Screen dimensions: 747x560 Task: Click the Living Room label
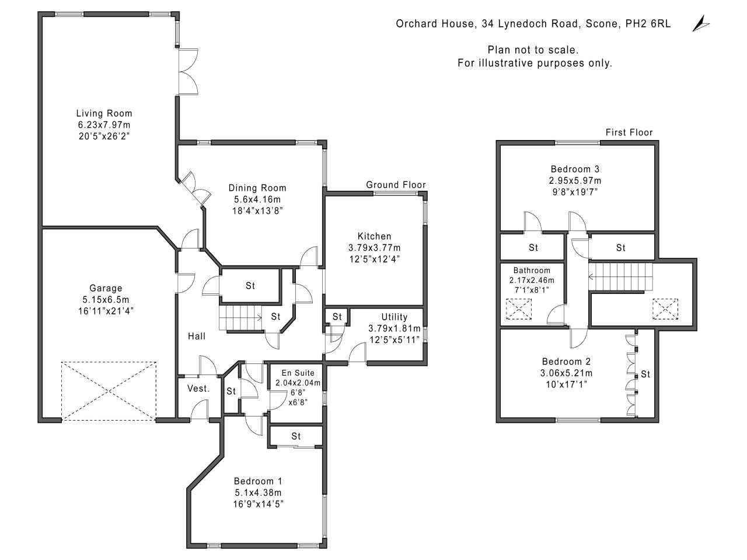pyautogui.click(x=104, y=113)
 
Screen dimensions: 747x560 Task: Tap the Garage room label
pyautogui.click(x=106, y=288)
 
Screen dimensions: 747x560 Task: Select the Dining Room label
pyautogui.click(x=257, y=188)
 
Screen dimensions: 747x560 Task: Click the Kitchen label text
pyautogui.click(x=374, y=236)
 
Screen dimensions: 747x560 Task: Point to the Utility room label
pyautogui.click(x=394, y=317)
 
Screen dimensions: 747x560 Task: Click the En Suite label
pyautogui.click(x=298, y=373)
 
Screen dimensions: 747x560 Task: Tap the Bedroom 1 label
pyautogui.click(x=257, y=481)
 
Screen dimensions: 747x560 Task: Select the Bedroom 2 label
pyautogui.click(x=566, y=362)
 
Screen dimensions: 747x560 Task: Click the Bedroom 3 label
pyautogui.click(x=575, y=169)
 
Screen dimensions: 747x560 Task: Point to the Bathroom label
pyautogui.click(x=532, y=271)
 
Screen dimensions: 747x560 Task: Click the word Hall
pyautogui.click(x=197, y=336)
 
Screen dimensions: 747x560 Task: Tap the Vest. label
pyautogui.click(x=198, y=388)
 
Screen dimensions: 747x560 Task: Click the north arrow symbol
pyautogui.click(x=700, y=24)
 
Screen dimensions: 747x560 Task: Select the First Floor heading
pyautogui.click(x=629, y=132)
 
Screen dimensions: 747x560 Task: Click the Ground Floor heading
pyautogui.click(x=396, y=185)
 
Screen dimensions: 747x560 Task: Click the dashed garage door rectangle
pyautogui.click(x=109, y=390)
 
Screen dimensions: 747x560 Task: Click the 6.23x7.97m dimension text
pyautogui.click(x=104, y=125)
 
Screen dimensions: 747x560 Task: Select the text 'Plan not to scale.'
pyautogui.click(x=533, y=50)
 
